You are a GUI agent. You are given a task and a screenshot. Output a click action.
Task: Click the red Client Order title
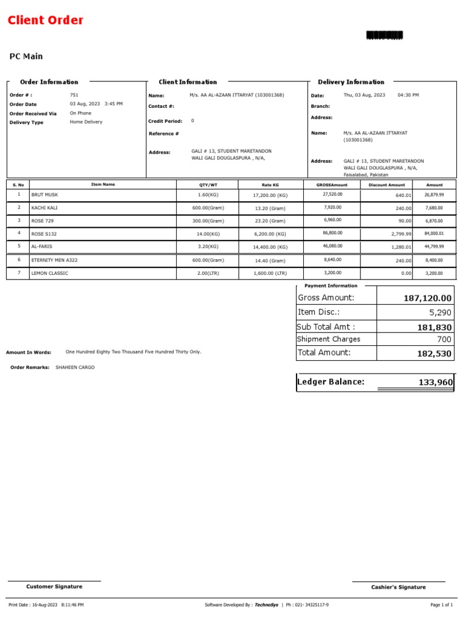46,20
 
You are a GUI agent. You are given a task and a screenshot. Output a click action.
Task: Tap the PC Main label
26,57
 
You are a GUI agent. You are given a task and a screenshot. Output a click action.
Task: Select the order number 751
74,95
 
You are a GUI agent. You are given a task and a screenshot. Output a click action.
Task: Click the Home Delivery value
86,122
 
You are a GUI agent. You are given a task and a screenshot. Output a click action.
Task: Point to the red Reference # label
163,134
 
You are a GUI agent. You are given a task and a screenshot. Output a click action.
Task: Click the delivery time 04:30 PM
408,95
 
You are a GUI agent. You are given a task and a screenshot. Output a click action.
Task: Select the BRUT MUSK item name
45,195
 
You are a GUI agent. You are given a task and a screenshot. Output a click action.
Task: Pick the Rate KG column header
270,185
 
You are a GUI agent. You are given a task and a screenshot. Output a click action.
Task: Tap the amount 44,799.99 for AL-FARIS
434,246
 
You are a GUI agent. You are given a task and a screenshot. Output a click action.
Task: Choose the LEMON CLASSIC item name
49,273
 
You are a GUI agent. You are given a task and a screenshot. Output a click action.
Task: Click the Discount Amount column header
386,185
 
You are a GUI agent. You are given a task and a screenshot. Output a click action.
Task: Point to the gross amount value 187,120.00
427,298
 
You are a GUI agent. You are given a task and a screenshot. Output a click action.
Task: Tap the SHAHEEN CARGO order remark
75,367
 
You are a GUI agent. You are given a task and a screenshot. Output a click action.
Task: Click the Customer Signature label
54,586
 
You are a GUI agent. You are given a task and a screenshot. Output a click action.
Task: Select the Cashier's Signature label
398,587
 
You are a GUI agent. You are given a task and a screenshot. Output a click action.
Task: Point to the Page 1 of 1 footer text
441,604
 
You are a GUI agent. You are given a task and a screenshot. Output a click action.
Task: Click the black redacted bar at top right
384,36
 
